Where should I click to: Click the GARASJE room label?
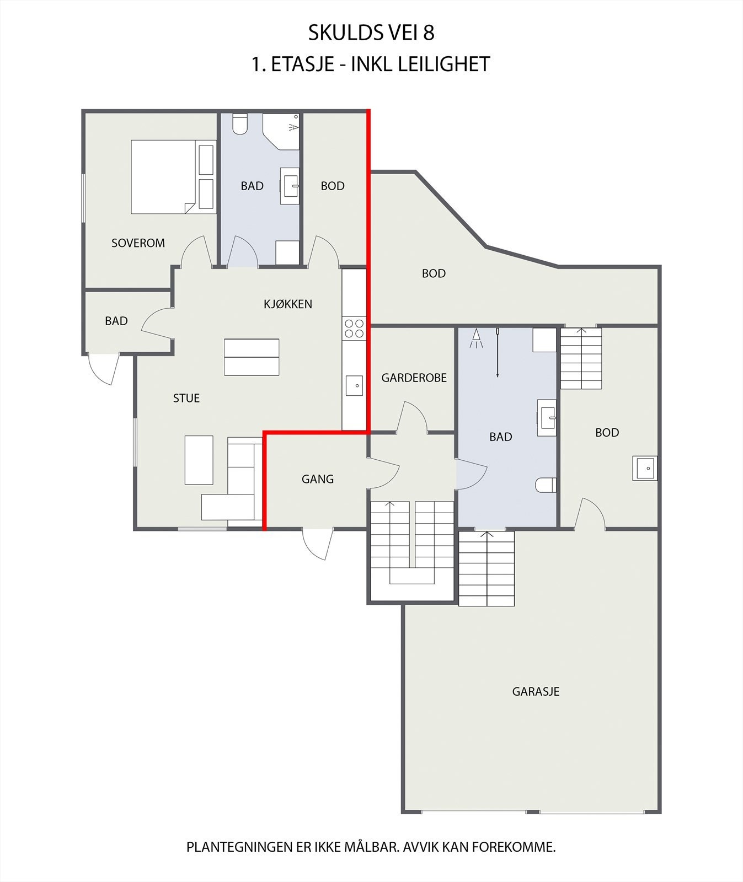(536, 691)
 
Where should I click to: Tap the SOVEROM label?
(138, 243)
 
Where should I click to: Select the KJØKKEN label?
(288, 304)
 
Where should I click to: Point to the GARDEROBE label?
(414, 378)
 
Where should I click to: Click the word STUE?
(186, 398)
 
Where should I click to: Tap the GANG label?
(318, 479)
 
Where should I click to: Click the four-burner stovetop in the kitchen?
(354, 329)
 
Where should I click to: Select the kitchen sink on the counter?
(354, 385)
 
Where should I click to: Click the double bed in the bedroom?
(173, 177)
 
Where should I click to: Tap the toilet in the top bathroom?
(240, 124)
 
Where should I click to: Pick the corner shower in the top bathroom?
(281, 132)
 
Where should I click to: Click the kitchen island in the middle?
(252, 357)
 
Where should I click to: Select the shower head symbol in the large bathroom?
(476, 338)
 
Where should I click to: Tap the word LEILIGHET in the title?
(443, 64)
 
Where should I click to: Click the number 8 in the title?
(429, 33)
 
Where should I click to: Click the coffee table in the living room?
(199, 460)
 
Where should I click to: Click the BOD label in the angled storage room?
(434, 273)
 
